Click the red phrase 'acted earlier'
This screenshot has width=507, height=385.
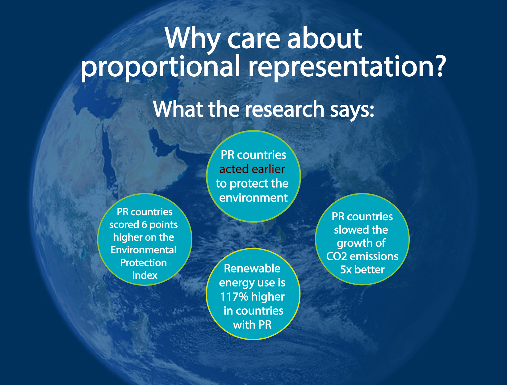252,169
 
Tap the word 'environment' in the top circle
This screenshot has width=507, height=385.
254,198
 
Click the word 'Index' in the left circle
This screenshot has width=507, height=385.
145,275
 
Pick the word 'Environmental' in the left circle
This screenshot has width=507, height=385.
144,250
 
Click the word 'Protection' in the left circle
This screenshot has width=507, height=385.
144,263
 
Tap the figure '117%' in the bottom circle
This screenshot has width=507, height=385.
234,297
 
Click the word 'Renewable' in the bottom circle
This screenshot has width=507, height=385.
252,269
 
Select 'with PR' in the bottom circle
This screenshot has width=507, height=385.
252,325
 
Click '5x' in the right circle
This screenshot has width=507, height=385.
346,270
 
